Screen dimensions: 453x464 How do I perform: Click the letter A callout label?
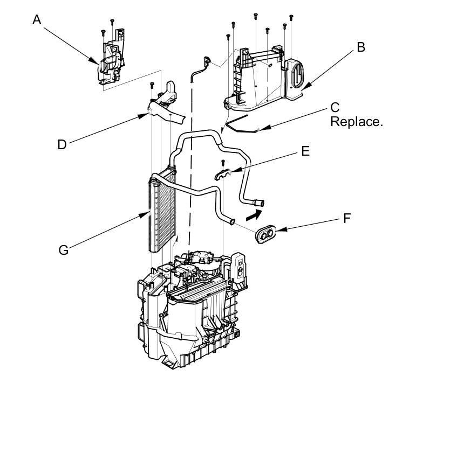(37, 20)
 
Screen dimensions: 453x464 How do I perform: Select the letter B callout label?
(360, 47)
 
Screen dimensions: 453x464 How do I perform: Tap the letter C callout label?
(335, 107)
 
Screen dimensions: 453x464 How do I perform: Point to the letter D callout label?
(62, 144)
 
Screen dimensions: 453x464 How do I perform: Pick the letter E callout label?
(305, 151)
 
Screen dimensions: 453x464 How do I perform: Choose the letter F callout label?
(347, 218)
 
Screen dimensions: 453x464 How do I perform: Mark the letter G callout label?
(64, 249)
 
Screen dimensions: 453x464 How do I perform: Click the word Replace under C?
(356, 122)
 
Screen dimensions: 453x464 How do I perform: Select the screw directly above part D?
(153, 85)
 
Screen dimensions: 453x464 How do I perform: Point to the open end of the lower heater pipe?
(231, 221)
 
